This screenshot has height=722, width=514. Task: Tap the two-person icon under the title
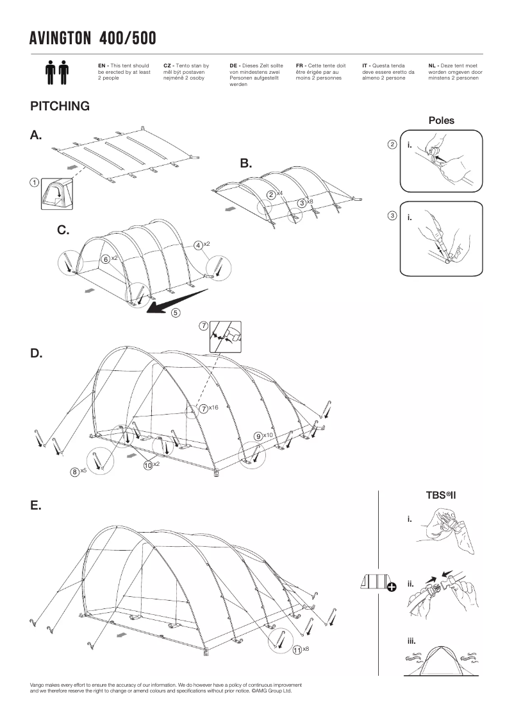tap(57, 73)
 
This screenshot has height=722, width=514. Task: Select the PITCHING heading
tap(60, 107)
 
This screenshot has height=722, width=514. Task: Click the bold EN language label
tap(101, 65)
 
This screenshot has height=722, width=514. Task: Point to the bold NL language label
tap(433, 65)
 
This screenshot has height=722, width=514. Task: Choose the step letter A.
tap(36, 135)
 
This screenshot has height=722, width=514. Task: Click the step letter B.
tap(246, 164)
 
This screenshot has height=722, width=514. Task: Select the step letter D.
tap(36, 354)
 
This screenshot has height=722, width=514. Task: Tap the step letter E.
tap(36, 505)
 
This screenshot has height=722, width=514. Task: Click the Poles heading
tap(441, 120)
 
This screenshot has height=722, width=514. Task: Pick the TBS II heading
tap(440, 495)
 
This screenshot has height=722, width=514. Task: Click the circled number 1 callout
tap(32, 182)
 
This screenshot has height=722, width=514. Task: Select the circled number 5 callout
tap(175, 313)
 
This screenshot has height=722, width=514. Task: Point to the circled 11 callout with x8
tap(297, 650)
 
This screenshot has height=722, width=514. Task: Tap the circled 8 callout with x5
tap(75, 472)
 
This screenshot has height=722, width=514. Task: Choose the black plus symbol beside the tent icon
tap(392, 585)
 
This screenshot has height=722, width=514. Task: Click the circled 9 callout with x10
tap(258, 436)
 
